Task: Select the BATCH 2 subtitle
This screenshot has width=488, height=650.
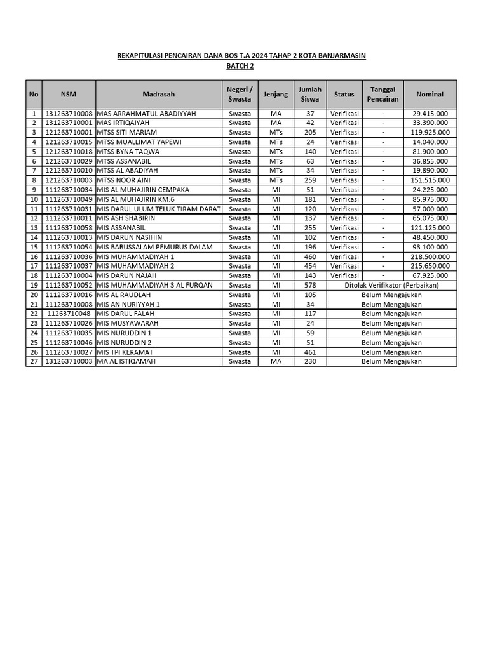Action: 240,65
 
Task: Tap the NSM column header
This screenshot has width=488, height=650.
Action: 69,94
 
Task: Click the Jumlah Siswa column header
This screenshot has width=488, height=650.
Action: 310,94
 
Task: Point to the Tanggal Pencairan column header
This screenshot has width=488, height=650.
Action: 383,94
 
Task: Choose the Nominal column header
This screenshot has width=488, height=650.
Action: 430,94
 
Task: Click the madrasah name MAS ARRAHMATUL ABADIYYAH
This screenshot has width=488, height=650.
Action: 146,114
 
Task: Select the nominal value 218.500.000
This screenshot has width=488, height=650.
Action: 430,256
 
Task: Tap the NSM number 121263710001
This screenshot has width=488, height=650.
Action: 69,133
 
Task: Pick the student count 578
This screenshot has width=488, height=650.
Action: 310,285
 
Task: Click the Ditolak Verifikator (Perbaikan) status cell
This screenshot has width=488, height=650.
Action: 391,285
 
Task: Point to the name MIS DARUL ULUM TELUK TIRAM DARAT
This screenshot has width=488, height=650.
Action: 158,209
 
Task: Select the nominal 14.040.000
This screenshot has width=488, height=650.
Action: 430,142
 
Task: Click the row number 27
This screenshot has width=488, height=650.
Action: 34,361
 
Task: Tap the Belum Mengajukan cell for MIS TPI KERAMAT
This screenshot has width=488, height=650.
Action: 391,352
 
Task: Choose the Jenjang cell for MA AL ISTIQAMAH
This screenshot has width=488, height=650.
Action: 276,361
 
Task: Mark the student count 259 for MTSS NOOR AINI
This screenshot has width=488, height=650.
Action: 310,180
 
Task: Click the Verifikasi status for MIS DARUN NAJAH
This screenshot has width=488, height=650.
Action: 344,275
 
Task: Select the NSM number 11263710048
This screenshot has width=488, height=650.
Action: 69,314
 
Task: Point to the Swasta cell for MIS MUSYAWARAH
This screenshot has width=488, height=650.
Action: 240,323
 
